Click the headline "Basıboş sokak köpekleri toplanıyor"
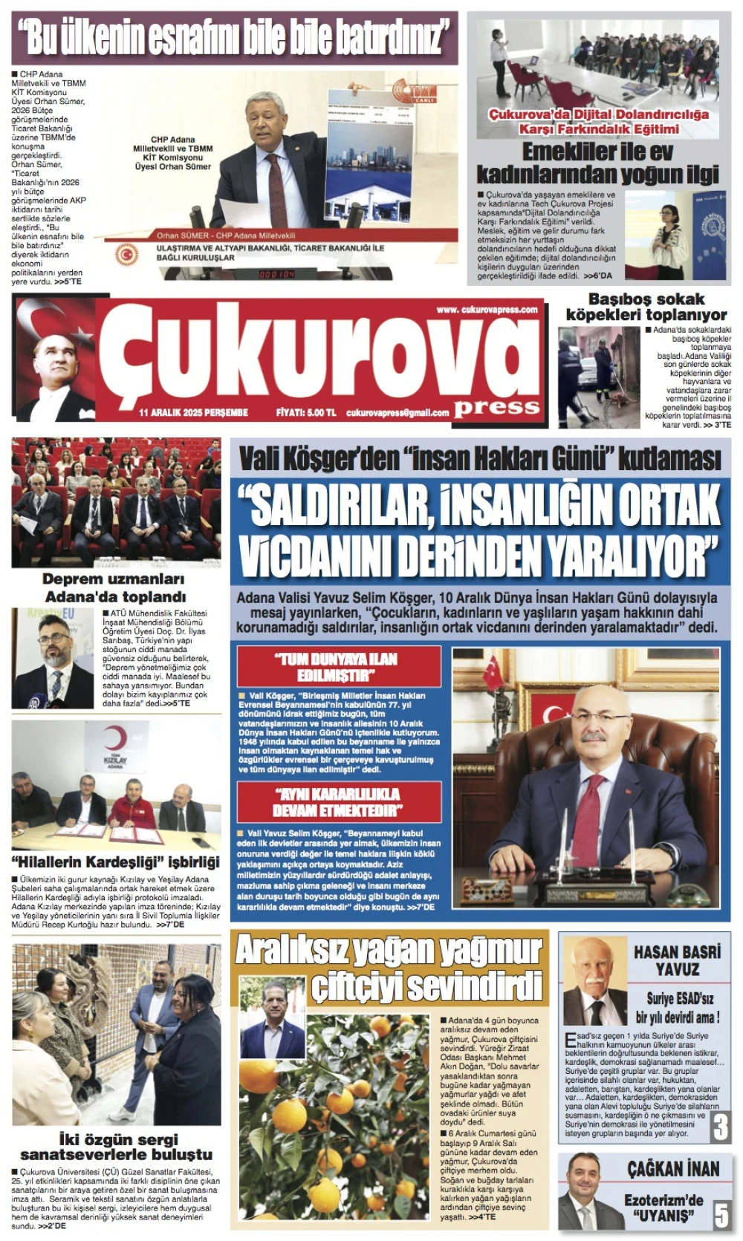click(646, 307)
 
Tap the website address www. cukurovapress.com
click(487, 310)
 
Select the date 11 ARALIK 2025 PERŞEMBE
click(193, 412)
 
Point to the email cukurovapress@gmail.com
click(398, 412)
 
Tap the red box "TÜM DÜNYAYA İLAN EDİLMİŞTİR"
click(338, 667)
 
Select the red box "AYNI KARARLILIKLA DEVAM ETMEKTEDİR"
click(338, 801)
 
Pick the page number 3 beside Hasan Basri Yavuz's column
click(720, 1126)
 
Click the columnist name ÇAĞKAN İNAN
click(673, 1169)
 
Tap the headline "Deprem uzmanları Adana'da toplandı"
click(114, 587)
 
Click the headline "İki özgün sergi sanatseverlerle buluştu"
click(116, 1147)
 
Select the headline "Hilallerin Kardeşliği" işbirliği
click(116, 862)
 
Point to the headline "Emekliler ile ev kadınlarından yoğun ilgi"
click(597, 163)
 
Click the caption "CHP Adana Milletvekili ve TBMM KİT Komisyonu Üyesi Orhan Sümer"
click(172, 153)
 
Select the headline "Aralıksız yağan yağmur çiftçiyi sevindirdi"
click(390, 968)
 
